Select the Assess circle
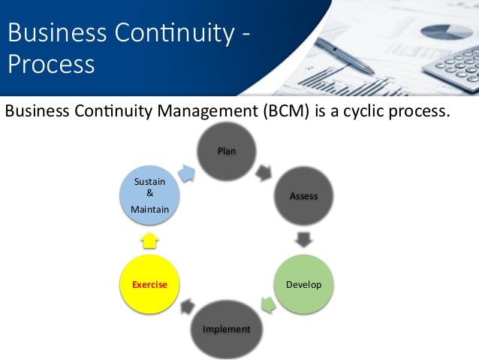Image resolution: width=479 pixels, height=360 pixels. point(303,196)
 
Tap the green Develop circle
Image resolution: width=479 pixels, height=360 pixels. point(303,285)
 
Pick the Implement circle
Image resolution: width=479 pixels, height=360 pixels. point(227,328)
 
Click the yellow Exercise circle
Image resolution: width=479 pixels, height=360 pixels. point(149,285)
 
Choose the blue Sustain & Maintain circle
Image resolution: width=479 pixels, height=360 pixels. point(149,196)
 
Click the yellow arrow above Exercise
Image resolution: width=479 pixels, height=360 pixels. point(149,241)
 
